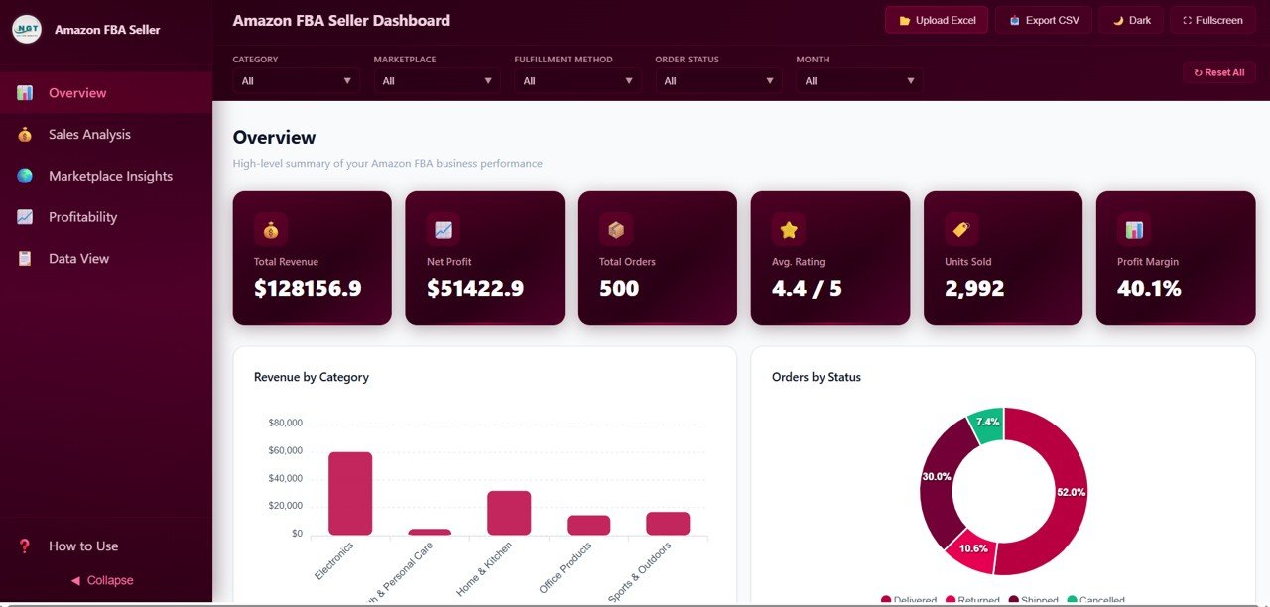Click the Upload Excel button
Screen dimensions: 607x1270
[937, 20]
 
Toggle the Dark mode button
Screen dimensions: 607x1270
[1131, 20]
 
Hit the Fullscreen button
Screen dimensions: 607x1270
[1212, 20]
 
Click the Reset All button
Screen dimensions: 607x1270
[1218, 72]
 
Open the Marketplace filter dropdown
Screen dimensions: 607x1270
[437, 81]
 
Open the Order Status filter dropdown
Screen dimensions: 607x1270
[718, 81]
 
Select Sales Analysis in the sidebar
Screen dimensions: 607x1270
[89, 135]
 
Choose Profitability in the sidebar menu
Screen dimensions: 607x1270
[82, 217]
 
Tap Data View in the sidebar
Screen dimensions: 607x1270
[78, 259]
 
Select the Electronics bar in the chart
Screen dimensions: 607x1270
[350, 493]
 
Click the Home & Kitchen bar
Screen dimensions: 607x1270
[509, 513]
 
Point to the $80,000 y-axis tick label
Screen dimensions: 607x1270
[285, 424]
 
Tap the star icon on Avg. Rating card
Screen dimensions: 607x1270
[789, 230]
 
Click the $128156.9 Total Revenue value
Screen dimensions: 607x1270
[308, 289]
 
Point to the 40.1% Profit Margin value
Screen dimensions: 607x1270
[1149, 289]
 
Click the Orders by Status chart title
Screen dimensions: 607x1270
[817, 377]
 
